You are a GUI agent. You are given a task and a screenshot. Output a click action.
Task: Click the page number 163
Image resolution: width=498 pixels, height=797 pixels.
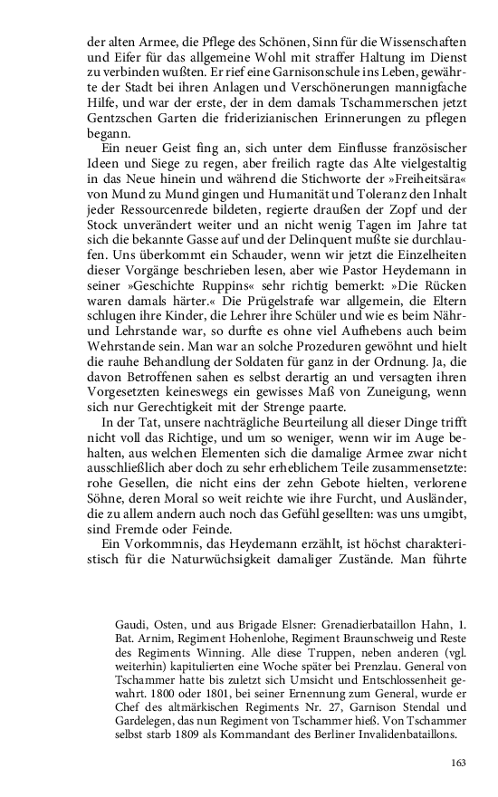click(x=457, y=763)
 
